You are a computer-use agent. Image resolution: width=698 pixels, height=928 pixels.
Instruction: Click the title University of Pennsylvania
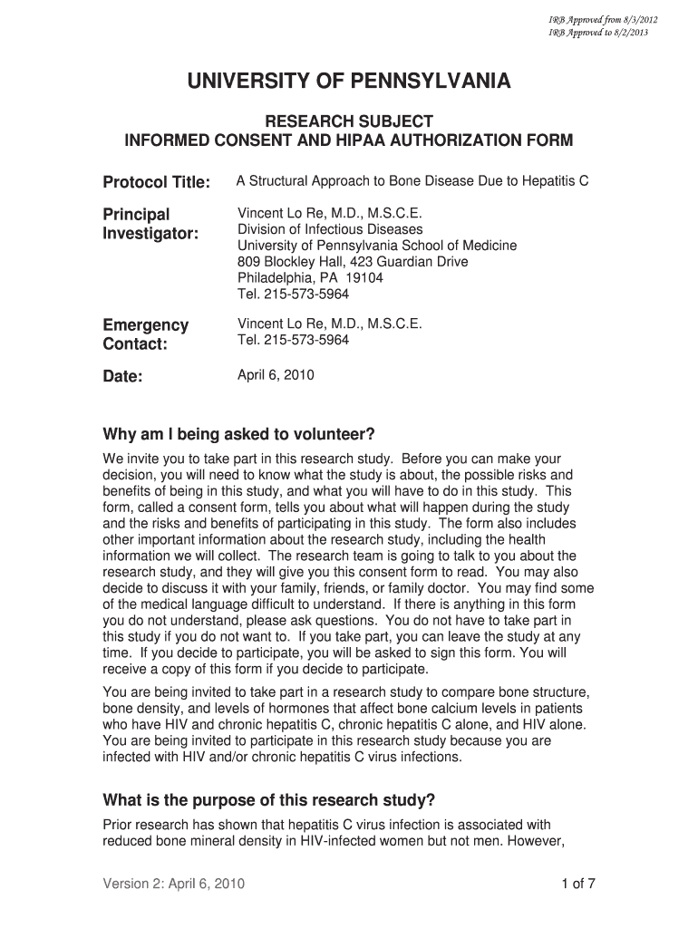point(349,82)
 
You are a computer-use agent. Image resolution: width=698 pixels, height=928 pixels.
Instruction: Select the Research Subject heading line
point(348,121)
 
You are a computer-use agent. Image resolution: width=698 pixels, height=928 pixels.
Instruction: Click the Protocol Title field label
point(157,183)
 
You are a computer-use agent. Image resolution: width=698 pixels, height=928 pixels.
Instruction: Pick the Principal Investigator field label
point(150,224)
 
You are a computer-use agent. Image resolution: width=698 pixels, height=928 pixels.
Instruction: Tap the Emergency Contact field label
point(146,334)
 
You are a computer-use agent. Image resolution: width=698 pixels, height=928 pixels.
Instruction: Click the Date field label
point(123,377)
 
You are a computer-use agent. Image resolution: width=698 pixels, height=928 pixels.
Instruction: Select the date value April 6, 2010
point(276,374)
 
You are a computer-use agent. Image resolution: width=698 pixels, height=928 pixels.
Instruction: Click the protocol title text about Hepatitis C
point(412,181)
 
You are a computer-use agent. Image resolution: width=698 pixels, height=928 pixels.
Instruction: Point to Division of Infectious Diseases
point(330,229)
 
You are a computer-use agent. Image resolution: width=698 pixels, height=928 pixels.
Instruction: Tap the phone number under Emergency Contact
point(293,340)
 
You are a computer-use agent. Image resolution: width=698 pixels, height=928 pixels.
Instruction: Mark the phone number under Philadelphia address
point(293,295)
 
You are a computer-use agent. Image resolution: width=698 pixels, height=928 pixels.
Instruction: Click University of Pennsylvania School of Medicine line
point(377,246)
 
